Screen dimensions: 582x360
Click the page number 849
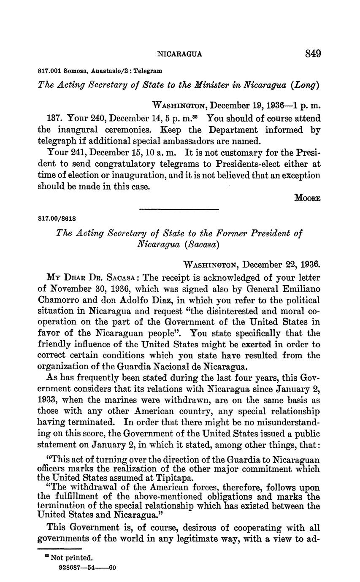click(x=312, y=54)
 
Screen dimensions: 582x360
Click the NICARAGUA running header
click(x=179, y=54)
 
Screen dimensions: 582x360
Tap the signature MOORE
click(x=307, y=198)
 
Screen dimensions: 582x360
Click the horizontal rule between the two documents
click(x=179, y=209)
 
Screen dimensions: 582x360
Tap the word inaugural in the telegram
click(x=75, y=130)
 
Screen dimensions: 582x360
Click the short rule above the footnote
click(x=54, y=549)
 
